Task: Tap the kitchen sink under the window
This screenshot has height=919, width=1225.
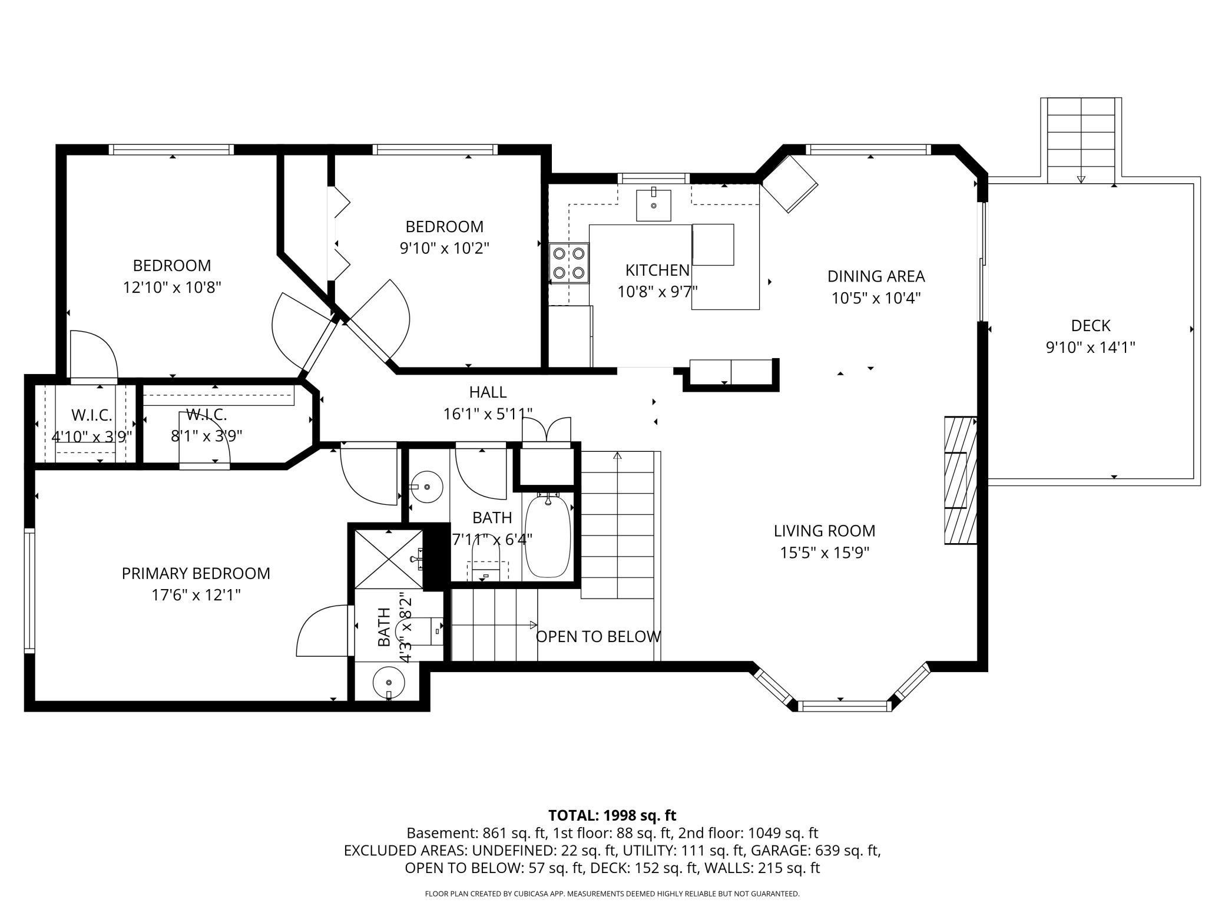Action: pyautogui.click(x=653, y=205)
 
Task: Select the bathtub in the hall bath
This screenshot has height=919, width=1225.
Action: pyautogui.click(x=548, y=536)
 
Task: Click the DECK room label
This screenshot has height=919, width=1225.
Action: pyautogui.click(x=1091, y=325)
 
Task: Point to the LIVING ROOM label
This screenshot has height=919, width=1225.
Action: pyautogui.click(x=825, y=531)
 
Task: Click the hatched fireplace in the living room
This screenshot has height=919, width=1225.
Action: pyautogui.click(x=961, y=480)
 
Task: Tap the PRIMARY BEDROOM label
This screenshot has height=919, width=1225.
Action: pyautogui.click(x=196, y=573)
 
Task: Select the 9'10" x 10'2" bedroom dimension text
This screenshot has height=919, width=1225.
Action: pyautogui.click(x=445, y=248)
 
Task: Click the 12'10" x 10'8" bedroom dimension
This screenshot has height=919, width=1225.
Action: pyautogui.click(x=172, y=287)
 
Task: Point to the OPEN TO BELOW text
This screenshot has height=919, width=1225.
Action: pyautogui.click(x=598, y=637)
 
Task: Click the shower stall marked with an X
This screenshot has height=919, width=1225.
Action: pyautogui.click(x=389, y=559)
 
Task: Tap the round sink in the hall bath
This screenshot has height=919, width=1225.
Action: pyautogui.click(x=426, y=487)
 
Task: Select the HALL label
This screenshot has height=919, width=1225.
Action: pyautogui.click(x=488, y=392)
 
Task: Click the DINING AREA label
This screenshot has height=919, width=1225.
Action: pyautogui.click(x=876, y=276)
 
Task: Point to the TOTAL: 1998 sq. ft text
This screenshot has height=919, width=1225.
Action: pyautogui.click(x=612, y=815)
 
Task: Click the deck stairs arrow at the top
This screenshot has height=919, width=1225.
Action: pyautogui.click(x=1081, y=178)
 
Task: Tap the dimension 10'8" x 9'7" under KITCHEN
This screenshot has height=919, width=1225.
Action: pyautogui.click(x=657, y=292)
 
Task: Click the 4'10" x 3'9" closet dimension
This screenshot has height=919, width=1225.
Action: pyautogui.click(x=91, y=437)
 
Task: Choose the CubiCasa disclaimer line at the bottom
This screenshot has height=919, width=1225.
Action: pyautogui.click(x=612, y=894)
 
